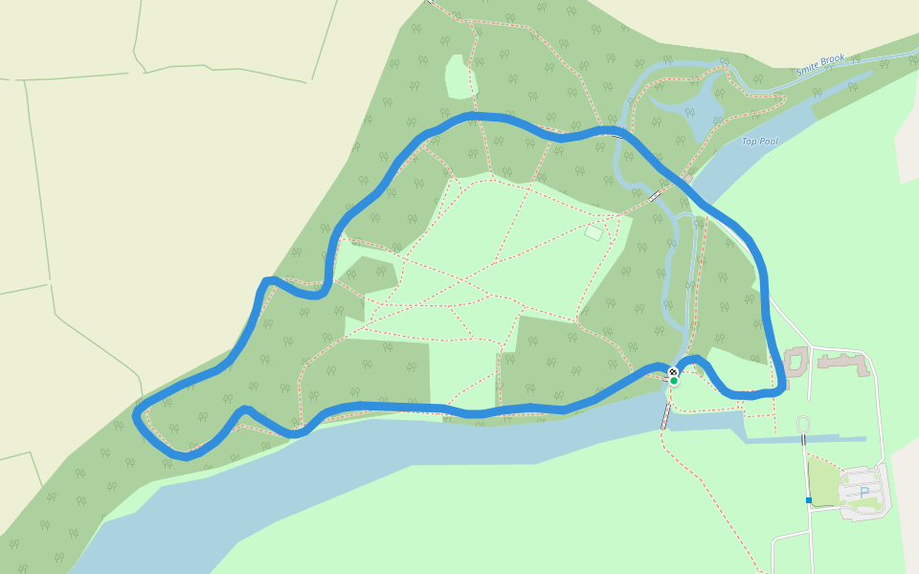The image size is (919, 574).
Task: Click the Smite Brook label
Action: point(821,66)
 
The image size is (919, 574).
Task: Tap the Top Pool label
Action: point(760,142)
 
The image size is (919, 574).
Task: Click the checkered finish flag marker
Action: point(673,371)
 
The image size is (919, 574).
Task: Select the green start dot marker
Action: point(673,381)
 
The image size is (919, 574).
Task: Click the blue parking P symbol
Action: point(864,493)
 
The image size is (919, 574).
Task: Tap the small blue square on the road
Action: point(808,500)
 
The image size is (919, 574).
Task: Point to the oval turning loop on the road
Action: point(802,424)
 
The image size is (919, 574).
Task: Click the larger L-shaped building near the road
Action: point(841,364)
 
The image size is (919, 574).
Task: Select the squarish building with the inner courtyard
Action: point(796,361)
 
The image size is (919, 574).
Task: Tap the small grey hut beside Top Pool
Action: point(687,179)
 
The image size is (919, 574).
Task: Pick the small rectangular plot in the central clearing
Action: point(594,232)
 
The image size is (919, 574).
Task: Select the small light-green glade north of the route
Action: point(460,77)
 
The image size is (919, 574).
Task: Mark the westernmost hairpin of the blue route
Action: point(139,413)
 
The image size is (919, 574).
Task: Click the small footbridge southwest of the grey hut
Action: point(655,196)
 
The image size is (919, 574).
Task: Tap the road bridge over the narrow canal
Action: point(804,439)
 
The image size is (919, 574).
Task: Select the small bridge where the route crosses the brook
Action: point(618,135)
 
